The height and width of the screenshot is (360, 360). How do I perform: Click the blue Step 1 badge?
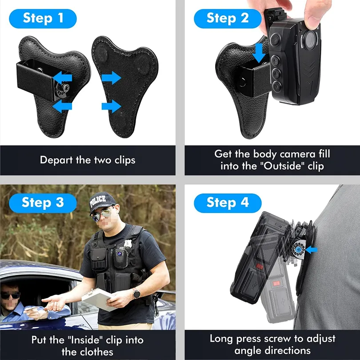coord(43,19)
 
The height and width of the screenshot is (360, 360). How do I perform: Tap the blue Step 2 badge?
coord(228,19)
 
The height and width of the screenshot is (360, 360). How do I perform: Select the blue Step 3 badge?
coord(43,203)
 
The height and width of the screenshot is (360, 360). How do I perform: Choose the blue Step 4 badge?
coord(228,203)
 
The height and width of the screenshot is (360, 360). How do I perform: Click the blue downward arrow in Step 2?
coord(259,53)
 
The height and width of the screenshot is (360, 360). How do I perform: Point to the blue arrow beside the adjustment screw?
coord(312,250)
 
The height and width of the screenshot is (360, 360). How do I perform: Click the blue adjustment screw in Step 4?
coord(299,249)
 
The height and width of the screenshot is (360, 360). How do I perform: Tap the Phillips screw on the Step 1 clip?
coord(66,87)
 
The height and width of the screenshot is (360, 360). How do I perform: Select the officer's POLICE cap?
coord(101,202)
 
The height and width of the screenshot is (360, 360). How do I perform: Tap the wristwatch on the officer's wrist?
coord(136,294)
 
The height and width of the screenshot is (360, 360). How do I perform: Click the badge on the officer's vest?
coord(128,244)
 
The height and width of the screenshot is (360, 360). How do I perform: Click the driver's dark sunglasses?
coord(10,296)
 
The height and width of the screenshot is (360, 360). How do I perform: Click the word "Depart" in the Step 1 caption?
coord(56,160)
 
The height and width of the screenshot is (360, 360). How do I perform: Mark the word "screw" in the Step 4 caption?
coord(277,339)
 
